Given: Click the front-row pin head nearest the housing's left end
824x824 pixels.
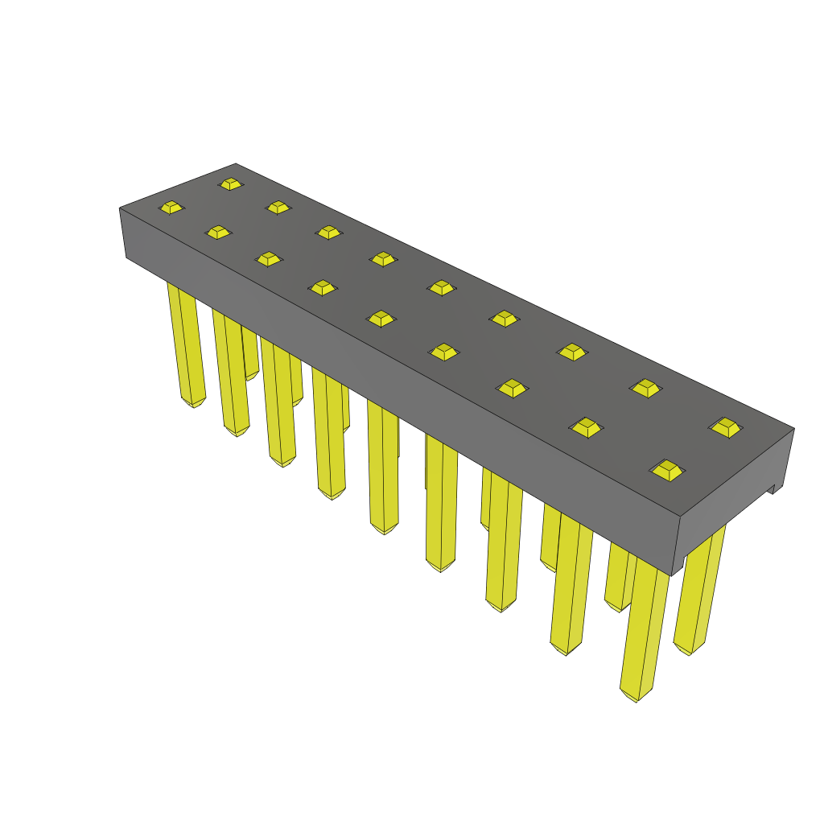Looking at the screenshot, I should point(171,208).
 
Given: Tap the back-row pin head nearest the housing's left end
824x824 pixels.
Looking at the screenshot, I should point(231,184).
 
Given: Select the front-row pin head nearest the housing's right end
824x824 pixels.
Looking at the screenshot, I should point(668,470).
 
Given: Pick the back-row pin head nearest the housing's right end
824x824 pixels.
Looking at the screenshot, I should point(727,427).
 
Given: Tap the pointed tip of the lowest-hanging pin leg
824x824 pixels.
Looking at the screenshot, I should point(636,699).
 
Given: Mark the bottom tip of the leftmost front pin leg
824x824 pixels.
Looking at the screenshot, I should point(193,405).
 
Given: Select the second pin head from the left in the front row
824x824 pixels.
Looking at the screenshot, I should point(218,233).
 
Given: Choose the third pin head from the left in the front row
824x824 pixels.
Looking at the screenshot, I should point(269,258).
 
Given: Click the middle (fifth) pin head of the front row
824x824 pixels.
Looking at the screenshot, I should point(381,319).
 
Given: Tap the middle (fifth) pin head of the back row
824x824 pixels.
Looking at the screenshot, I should point(441,287).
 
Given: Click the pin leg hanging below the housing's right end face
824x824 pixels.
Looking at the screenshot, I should point(700,587).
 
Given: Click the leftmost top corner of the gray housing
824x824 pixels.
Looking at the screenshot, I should point(120,208).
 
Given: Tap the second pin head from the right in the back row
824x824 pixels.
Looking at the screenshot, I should point(645,388).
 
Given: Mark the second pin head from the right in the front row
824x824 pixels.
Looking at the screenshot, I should point(587,426).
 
